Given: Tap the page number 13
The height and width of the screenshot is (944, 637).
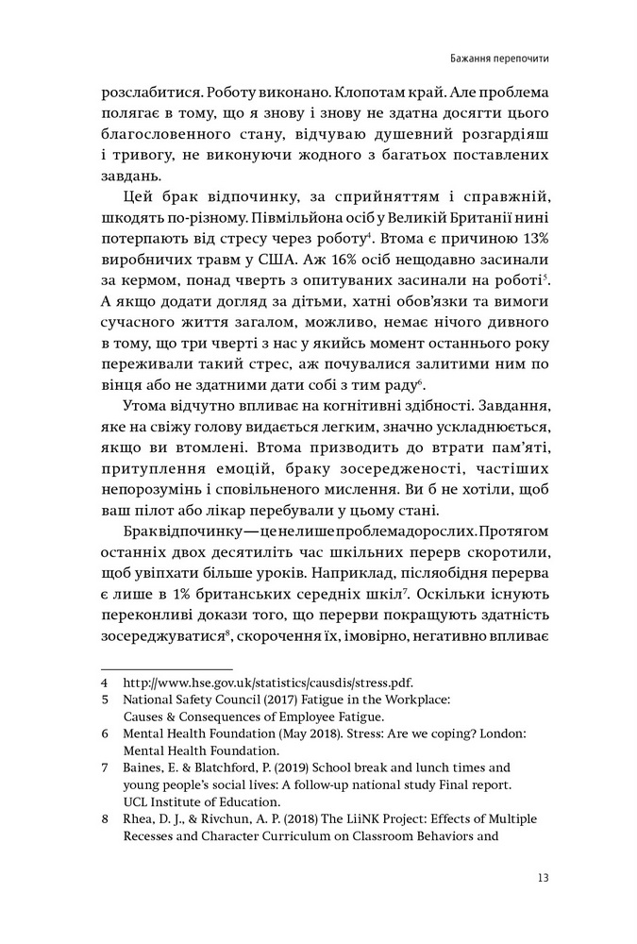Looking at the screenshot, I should pyautogui.click(x=542, y=877).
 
